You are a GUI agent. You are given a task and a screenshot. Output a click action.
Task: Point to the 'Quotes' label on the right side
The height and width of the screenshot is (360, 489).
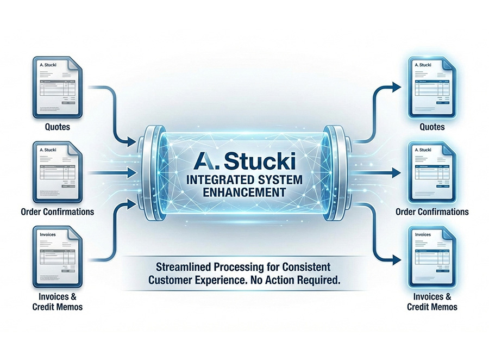pos(432,127)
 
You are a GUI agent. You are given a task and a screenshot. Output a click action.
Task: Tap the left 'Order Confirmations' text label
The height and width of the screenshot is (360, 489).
pos(57,212)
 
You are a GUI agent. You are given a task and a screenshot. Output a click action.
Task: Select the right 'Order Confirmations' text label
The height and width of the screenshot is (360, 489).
pos(432,212)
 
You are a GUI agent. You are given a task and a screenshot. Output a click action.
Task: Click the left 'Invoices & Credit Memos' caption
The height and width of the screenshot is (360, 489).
pos(57,302)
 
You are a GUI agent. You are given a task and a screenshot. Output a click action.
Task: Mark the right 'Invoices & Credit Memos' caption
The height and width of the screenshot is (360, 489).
pos(432,302)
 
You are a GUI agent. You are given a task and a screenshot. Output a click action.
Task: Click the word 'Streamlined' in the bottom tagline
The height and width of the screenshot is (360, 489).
pos(182,267)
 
